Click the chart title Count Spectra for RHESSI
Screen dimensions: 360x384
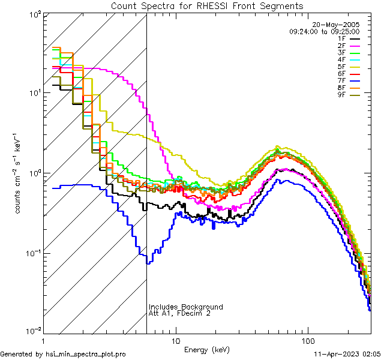tap(207, 6)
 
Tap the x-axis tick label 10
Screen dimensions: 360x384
tap(175, 340)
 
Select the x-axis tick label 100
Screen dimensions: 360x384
tap(307, 340)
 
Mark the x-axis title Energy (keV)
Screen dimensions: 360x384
tap(207, 349)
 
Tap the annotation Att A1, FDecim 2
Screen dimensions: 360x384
tap(180, 313)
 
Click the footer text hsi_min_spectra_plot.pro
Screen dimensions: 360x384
tap(86, 355)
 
